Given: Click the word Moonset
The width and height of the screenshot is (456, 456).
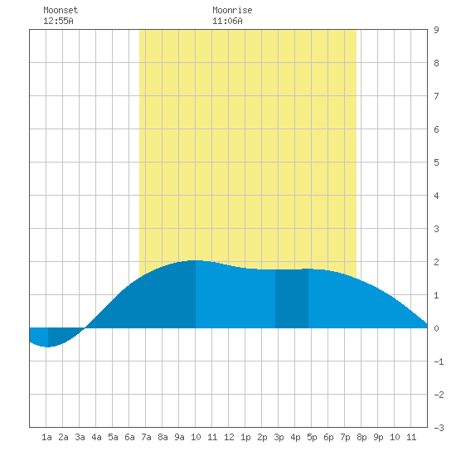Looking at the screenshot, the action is (61, 10).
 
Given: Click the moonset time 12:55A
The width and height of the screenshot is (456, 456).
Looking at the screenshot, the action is (58, 21).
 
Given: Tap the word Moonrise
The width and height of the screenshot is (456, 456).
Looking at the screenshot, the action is (232, 10).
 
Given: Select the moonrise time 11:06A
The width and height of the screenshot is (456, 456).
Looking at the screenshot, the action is (227, 21).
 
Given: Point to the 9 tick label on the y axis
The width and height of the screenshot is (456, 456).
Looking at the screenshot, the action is (436, 30).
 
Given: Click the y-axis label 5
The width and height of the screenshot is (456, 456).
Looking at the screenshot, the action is (436, 163).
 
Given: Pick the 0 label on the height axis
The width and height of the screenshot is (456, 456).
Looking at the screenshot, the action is (436, 328).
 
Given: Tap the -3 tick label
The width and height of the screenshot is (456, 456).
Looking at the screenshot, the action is (439, 428).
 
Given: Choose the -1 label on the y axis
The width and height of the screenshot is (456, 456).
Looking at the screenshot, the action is (439, 361).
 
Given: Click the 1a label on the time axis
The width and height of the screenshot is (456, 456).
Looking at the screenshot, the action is (46, 437).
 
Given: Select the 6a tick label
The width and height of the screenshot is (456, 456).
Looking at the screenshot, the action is (129, 437).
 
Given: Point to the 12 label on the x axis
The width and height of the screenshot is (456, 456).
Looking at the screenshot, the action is (229, 437).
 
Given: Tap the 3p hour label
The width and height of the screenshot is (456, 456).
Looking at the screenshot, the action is (279, 437).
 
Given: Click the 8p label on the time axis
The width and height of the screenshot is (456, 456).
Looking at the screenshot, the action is (361, 437).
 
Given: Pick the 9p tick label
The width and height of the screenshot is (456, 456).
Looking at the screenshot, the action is (378, 437).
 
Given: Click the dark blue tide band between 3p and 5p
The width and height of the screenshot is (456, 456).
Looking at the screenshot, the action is (292, 298).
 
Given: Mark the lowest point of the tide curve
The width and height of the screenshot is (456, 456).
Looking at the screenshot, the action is (47, 347).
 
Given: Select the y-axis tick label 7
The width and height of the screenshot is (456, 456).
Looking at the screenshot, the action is (436, 96).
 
